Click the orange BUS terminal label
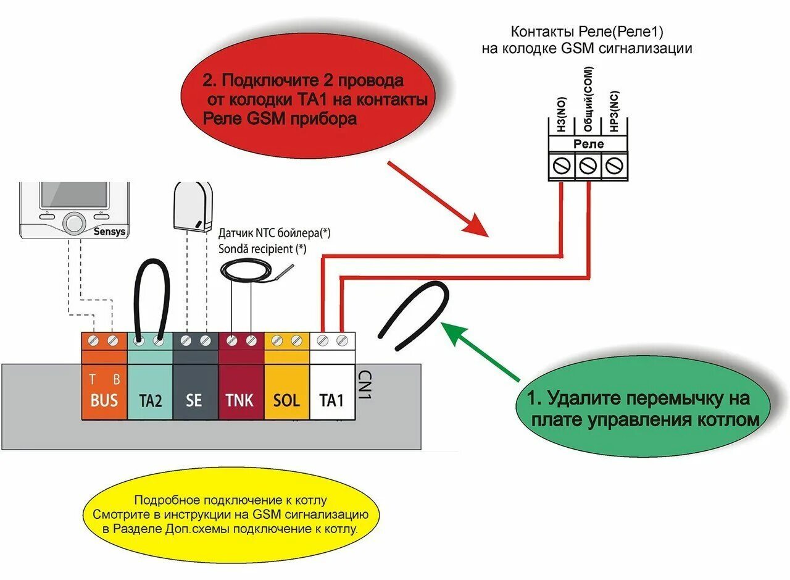click(x=104, y=400)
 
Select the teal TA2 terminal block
click(x=150, y=389)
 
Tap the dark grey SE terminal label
click(x=194, y=400)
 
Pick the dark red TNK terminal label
click(x=239, y=400)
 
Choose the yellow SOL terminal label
click(x=286, y=400)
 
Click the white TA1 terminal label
click(x=331, y=400)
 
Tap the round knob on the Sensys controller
click(x=75, y=222)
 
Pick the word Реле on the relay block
click(x=589, y=144)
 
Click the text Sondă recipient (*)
click(x=262, y=248)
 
